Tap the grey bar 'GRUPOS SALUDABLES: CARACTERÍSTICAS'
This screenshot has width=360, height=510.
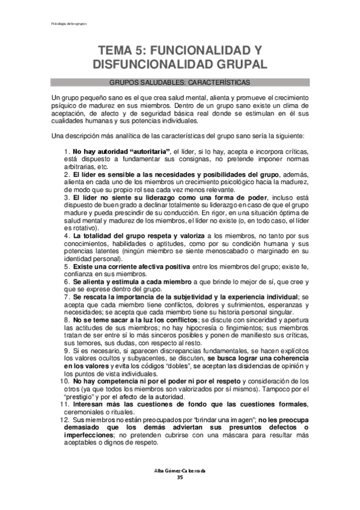tap(180, 82)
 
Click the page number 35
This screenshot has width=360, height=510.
tap(180, 478)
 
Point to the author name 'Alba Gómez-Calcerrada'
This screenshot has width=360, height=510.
tap(180, 470)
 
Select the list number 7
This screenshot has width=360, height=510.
tap(66, 296)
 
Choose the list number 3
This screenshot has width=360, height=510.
tap(66, 197)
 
